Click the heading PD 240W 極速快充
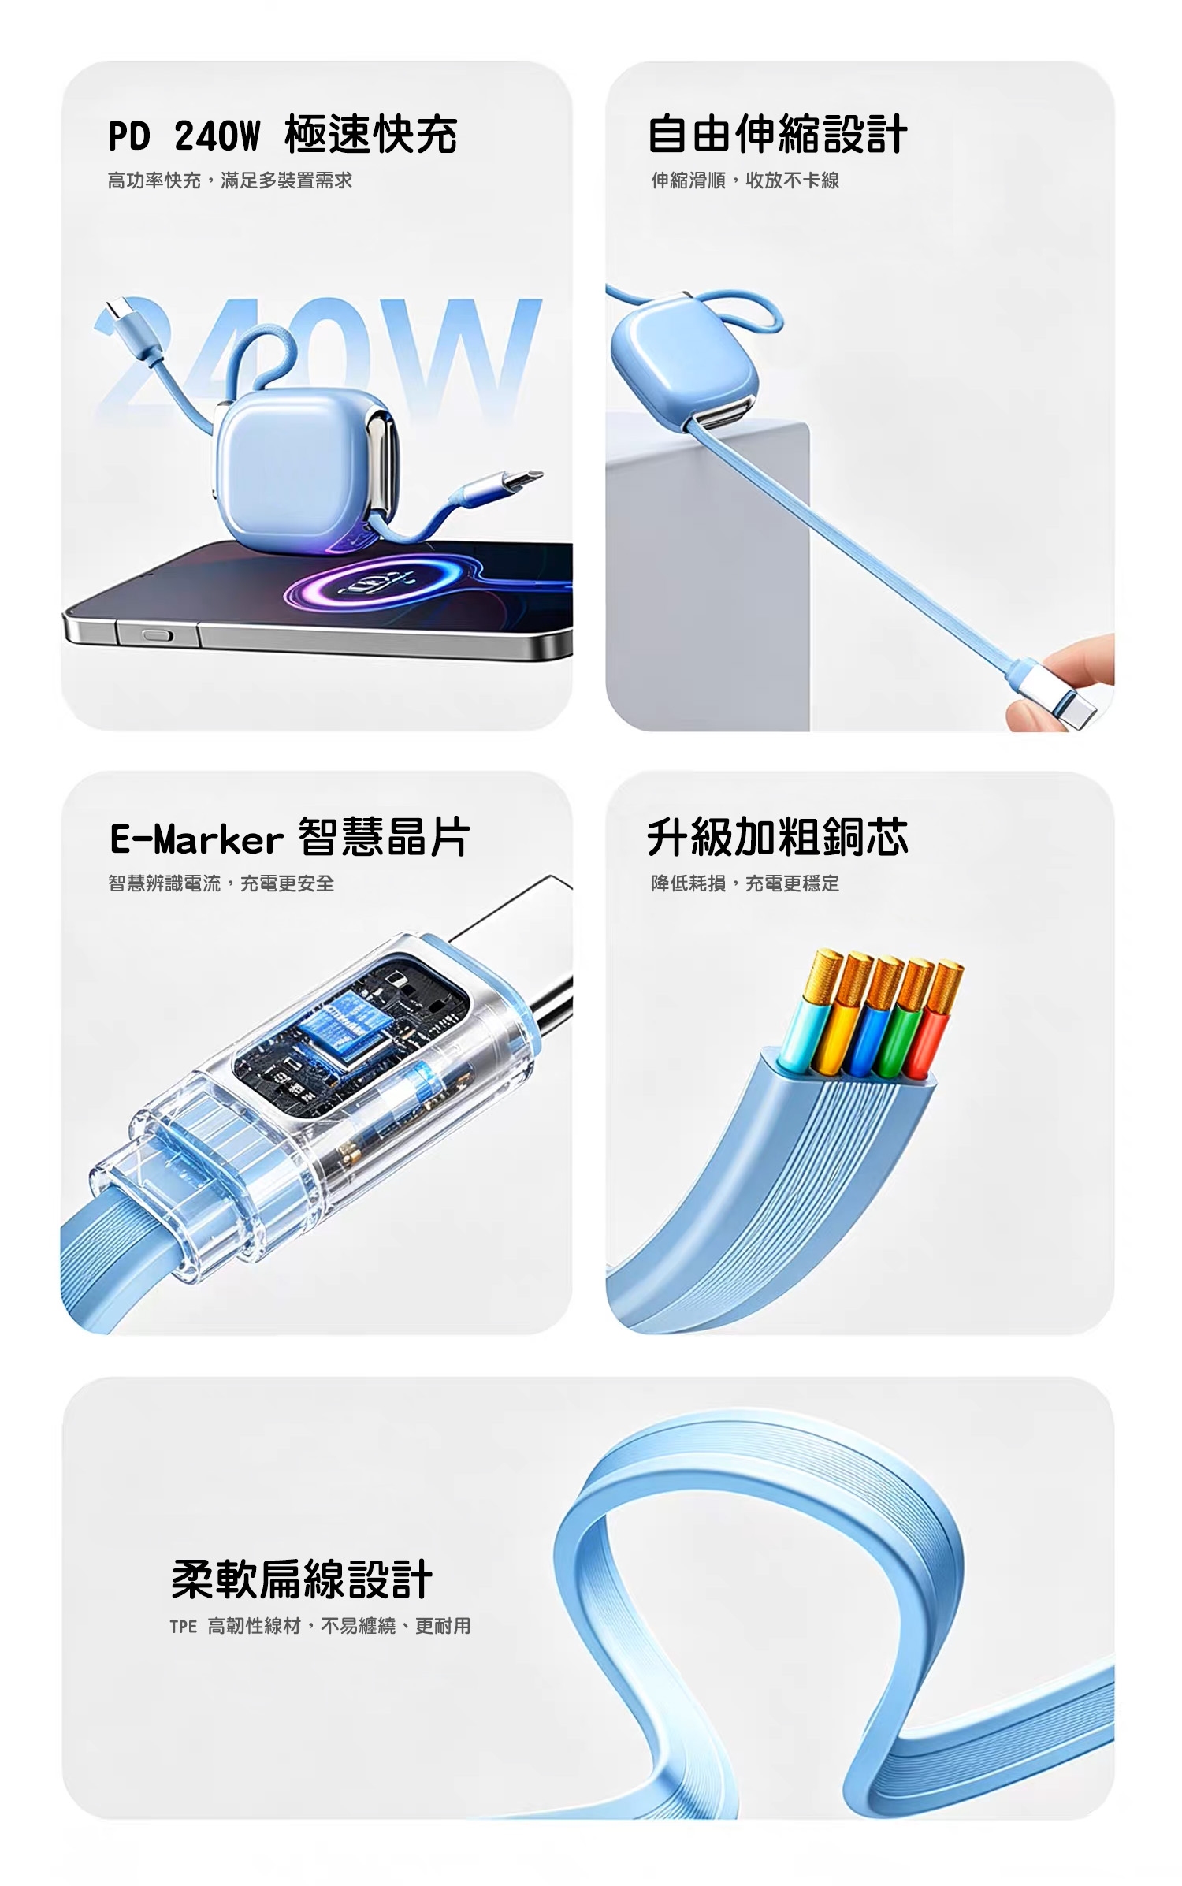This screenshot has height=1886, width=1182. [282, 134]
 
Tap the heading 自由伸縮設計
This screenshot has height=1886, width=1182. [777, 134]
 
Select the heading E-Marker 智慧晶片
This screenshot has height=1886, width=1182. [290, 837]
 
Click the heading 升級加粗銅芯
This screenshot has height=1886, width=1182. [777, 837]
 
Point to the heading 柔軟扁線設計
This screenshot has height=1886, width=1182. [302, 1579]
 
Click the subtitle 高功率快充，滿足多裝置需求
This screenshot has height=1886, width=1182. [230, 180]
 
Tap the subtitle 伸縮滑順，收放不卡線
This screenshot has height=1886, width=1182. [745, 180]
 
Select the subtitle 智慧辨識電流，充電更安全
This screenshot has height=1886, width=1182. [221, 883]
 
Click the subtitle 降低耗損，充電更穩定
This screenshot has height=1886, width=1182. [745, 883]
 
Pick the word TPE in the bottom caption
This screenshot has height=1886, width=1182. [183, 1627]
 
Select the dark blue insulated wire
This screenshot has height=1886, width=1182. [867, 1036]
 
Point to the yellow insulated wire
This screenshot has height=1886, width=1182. [835, 1034]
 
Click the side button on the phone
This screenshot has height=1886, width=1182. [157, 634]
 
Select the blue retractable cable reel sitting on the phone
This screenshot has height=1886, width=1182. [307, 469]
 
